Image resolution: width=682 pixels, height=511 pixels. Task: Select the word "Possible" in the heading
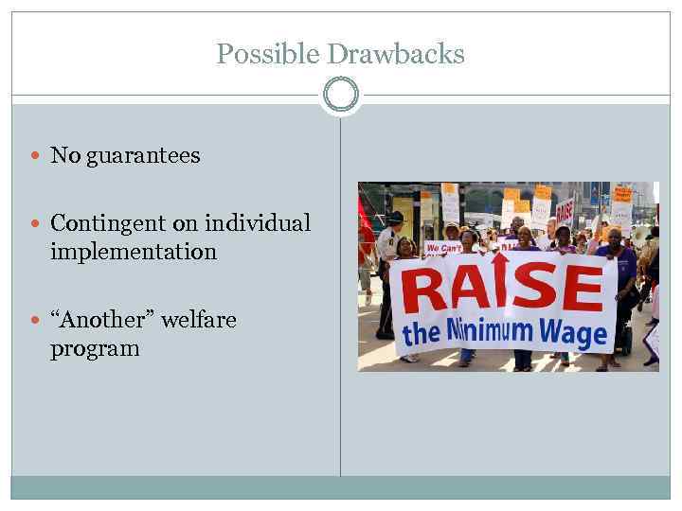pos(268,54)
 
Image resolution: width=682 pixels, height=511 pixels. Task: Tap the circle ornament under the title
pos(341,95)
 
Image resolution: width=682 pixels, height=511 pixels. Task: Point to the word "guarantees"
pos(143,155)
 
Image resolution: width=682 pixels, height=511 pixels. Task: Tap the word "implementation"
pos(133,252)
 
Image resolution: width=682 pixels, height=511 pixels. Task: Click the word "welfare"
pos(198,320)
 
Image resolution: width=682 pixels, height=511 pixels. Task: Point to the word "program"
pos(95,348)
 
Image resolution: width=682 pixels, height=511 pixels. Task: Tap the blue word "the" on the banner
pos(422,334)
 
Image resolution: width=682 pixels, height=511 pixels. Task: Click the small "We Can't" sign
pos(443,248)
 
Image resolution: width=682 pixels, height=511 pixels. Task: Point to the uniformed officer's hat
pos(395,217)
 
